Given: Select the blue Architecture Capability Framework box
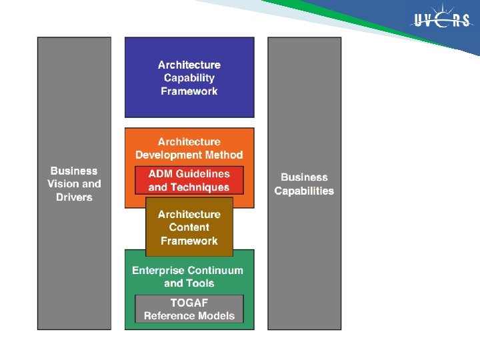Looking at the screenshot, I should pyautogui.click(x=189, y=77).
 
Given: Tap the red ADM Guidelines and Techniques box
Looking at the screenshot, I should pyautogui.click(x=189, y=181).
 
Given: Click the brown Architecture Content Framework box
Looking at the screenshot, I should pyautogui.click(x=189, y=227).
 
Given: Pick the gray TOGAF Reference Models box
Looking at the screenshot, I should pyautogui.click(x=189, y=309).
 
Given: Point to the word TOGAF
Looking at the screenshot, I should pyautogui.click(x=189, y=303).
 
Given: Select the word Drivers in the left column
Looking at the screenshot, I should pyautogui.click(x=74, y=197).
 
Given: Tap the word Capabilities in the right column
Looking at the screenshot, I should pyautogui.click(x=304, y=191).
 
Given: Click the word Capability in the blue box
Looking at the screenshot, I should pyautogui.click(x=189, y=78).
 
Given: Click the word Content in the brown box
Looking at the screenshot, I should pyautogui.click(x=189, y=227).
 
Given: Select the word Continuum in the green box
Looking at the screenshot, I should pyautogui.click(x=215, y=270).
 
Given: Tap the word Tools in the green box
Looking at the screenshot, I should pyautogui.click(x=201, y=283).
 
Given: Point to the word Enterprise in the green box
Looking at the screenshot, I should pyautogui.click(x=159, y=270).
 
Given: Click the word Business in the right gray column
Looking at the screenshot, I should pyautogui.click(x=304, y=177).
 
